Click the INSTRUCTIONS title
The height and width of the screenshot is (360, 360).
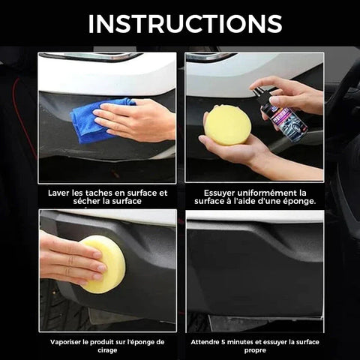[185, 24]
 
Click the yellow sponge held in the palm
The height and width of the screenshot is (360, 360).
[227, 125]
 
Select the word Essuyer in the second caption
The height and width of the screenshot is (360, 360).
[219, 193]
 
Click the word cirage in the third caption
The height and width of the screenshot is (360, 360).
[107, 350]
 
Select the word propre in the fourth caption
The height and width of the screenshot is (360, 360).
[255, 351]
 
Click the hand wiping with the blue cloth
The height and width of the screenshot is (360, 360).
[135, 120]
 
